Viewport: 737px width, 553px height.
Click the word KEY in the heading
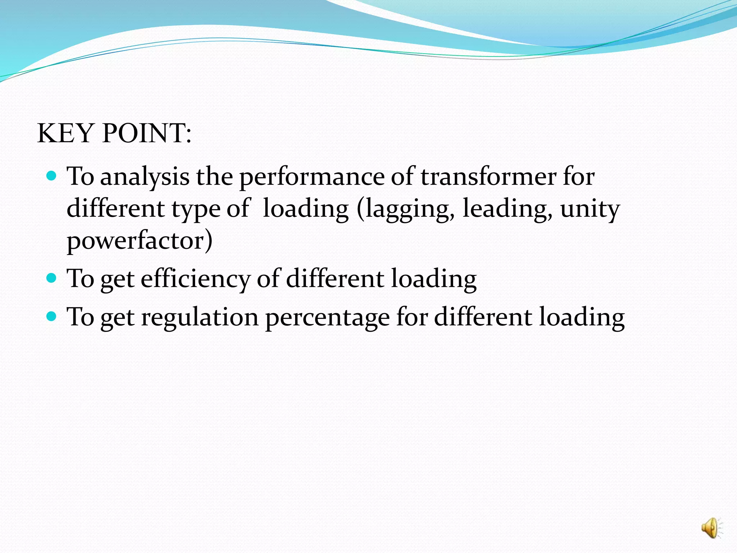pyautogui.click(x=65, y=133)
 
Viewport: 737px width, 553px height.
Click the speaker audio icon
pyautogui.click(x=711, y=528)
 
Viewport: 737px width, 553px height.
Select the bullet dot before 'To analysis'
pyautogui.click(x=52, y=176)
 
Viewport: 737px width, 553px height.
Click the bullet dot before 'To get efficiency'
pyautogui.click(x=52, y=278)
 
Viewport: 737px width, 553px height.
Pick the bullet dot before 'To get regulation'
pyautogui.click(x=52, y=316)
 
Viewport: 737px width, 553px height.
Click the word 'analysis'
pyautogui.click(x=145, y=177)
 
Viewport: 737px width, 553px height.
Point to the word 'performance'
pyautogui.click(x=312, y=177)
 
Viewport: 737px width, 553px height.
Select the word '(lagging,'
pyautogui.click(x=406, y=209)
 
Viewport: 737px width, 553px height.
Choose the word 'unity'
pyautogui.click(x=590, y=209)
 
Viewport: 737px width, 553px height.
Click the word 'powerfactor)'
pyautogui.click(x=140, y=240)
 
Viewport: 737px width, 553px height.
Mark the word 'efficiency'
pyautogui.click(x=195, y=279)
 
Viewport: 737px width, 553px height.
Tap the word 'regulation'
pyautogui.click(x=200, y=317)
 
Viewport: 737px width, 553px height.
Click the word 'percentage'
pyautogui.click(x=327, y=318)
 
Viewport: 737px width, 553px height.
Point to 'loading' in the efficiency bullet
pyautogui.click(x=434, y=279)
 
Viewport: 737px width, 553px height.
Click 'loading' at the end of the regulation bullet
pyautogui.click(x=582, y=317)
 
